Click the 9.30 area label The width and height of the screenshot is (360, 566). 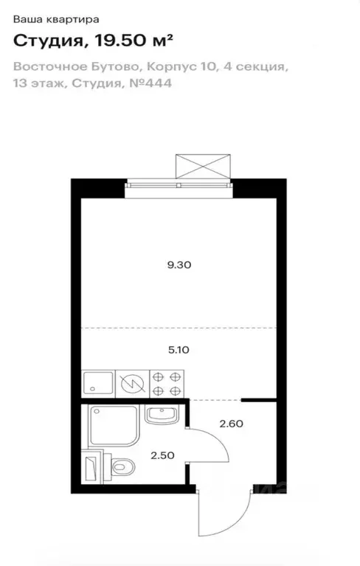click(179, 265)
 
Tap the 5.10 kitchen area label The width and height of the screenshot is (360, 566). click(179, 350)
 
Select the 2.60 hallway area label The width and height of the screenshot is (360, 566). click(231, 424)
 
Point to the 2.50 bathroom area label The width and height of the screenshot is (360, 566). click(162, 455)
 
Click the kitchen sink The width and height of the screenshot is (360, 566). click(98, 383)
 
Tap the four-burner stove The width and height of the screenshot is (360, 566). click(167, 383)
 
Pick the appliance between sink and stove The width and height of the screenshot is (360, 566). click(132, 383)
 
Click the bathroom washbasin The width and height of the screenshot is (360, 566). click(162, 415)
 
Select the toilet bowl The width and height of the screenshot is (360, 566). click(119, 466)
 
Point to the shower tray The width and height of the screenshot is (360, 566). click(114, 426)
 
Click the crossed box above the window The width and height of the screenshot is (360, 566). click(203, 166)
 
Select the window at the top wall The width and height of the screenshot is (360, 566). click(179, 185)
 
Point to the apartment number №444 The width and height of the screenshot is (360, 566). click(150, 83)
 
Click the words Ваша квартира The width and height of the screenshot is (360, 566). click(56, 19)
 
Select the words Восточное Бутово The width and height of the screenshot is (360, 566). click(77, 67)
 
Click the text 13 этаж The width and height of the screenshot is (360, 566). click(39, 83)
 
